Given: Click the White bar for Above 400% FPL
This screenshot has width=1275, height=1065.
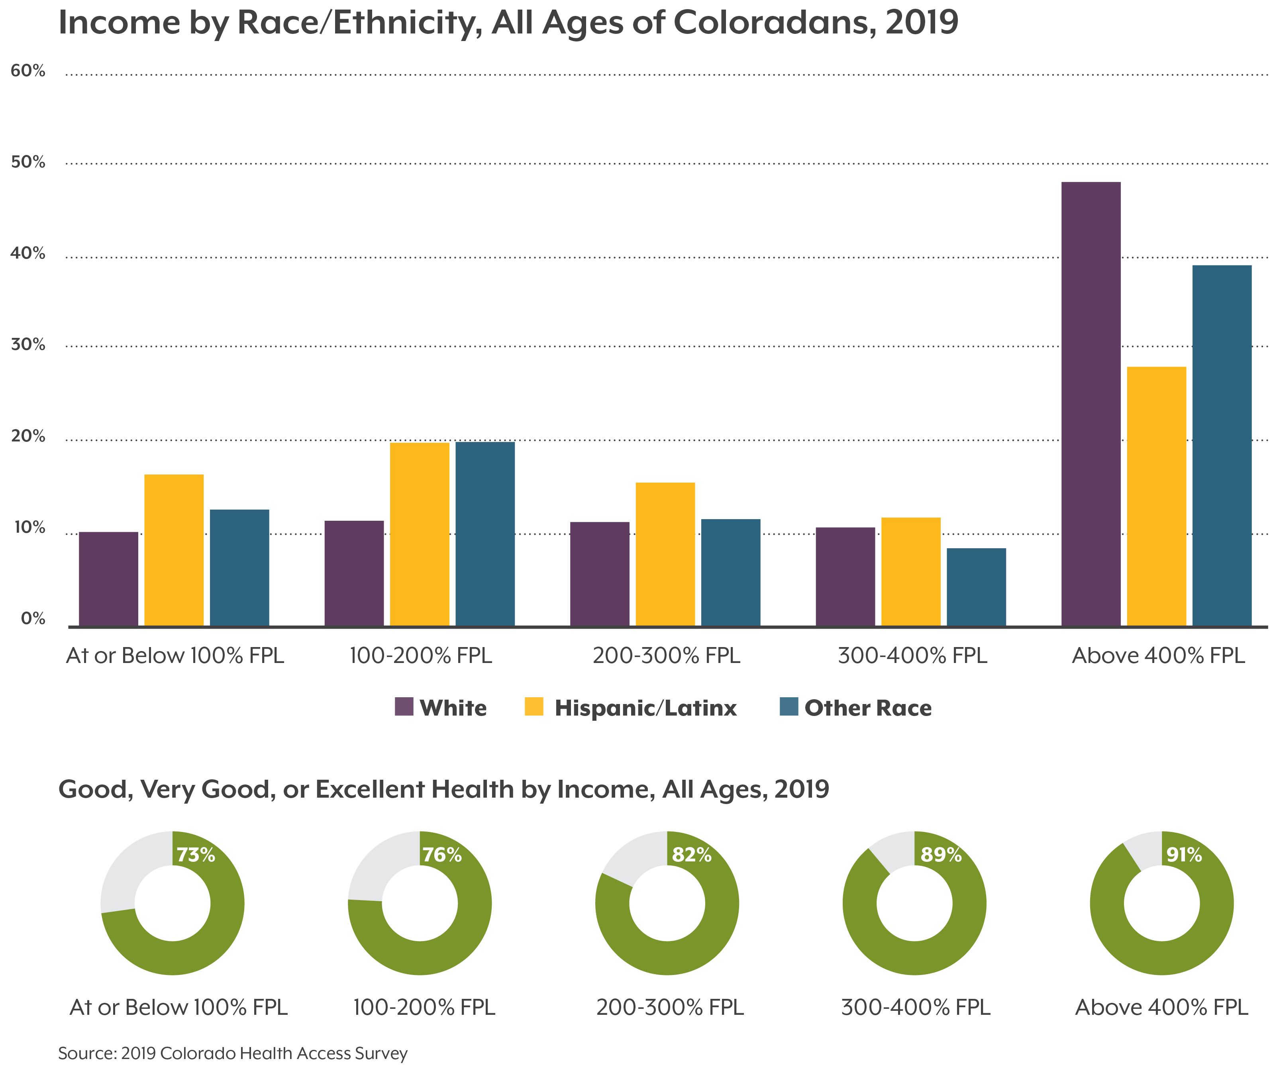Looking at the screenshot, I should tap(1091, 404).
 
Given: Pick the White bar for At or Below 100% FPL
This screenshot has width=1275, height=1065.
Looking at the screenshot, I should tap(109, 579).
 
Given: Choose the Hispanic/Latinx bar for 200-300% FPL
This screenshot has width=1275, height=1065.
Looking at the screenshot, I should tap(665, 554).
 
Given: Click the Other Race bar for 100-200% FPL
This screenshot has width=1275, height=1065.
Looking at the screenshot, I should tap(485, 534).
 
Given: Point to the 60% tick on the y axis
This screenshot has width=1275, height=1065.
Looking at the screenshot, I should tap(28, 71).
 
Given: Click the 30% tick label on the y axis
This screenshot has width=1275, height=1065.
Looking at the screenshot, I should tap(28, 345).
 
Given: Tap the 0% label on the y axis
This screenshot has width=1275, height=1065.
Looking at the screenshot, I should tap(33, 619).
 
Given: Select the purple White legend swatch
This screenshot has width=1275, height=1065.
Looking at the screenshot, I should tap(404, 707).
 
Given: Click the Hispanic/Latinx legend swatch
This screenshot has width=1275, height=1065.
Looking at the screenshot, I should tap(534, 707).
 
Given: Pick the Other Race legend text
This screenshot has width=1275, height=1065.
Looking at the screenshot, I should tap(868, 708).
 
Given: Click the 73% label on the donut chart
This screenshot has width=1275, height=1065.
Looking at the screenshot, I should tap(196, 855).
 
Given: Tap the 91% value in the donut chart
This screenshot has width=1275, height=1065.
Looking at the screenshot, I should tap(1184, 855).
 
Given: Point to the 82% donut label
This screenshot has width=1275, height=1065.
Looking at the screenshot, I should tap(692, 855).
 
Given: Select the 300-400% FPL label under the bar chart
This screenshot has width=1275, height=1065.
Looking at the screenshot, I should tap(912, 656).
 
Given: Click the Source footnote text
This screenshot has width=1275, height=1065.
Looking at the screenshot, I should tap(233, 1053).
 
